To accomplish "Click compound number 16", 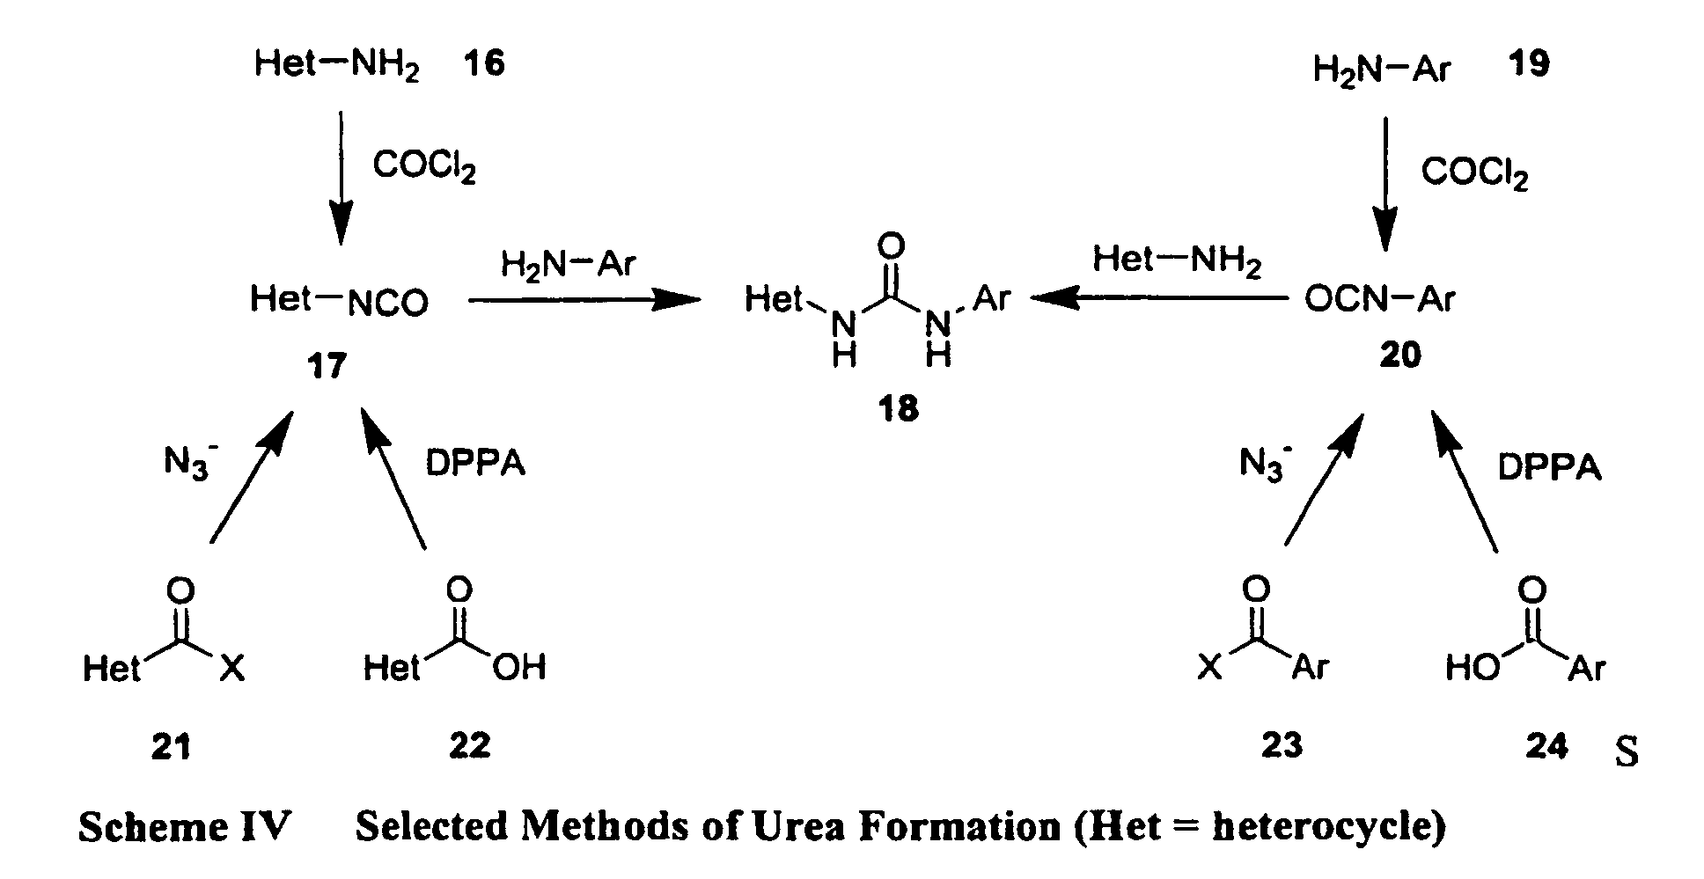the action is (x=484, y=63).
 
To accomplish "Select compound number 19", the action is (x=1529, y=63).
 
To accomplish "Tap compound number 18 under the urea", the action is (x=898, y=409).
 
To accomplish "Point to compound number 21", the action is (x=171, y=746).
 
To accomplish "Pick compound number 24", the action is (x=1546, y=746).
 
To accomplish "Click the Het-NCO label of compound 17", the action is (x=339, y=300).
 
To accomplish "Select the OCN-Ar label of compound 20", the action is (x=1379, y=300).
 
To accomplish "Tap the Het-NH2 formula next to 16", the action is (x=336, y=65).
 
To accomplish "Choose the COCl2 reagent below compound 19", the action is (x=1474, y=172).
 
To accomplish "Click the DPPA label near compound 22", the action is (x=475, y=464).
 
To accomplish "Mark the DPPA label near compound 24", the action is (x=1549, y=466).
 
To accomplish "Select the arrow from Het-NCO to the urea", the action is (x=584, y=300).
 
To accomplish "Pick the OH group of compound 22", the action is (x=518, y=668).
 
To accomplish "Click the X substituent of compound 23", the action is (x=1211, y=669).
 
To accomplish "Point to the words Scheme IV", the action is (x=184, y=826).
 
